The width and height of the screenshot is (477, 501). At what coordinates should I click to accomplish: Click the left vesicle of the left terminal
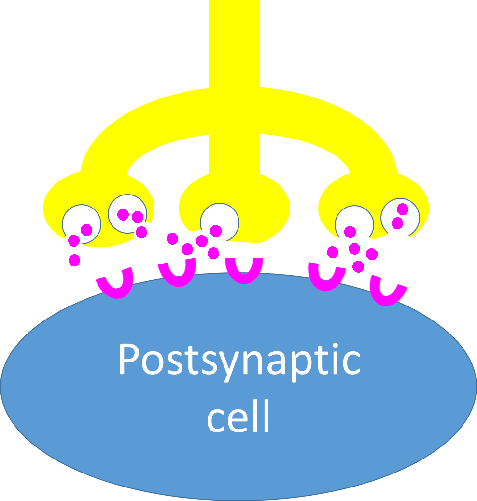click(x=82, y=223)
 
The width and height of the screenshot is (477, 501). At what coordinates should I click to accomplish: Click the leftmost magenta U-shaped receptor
click(x=116, y=284)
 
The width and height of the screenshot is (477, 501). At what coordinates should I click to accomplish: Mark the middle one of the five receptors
click(x=244, y=271)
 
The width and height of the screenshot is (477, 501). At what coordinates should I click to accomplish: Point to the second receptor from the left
click(x=177, y=273)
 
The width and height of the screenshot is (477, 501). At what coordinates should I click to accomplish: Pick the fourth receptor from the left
click(x=327, y=278)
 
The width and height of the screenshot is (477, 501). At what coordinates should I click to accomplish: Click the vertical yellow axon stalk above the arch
click(x=234, y=43)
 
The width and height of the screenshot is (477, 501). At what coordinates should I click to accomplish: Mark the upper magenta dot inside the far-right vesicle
click(x=402, y=209)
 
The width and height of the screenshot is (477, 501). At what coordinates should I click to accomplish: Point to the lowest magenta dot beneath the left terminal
click(x=74, y=261)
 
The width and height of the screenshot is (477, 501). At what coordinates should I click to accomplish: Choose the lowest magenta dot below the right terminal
click(x=358, y=266)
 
